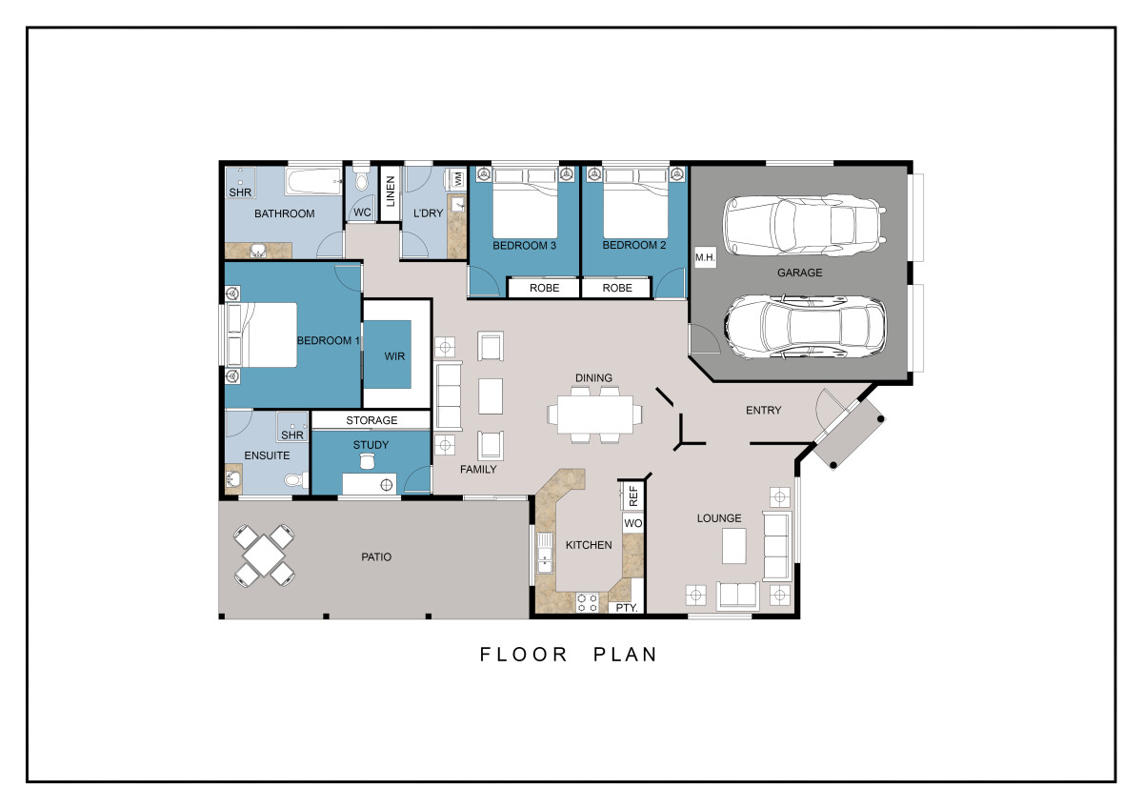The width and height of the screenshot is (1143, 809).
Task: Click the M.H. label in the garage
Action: pos(705,258)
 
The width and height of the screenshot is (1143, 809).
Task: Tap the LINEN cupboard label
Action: pos(391,192)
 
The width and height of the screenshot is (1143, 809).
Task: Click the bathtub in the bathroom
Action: pos(313,181)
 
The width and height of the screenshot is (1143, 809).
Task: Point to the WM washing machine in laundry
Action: pos(458,179)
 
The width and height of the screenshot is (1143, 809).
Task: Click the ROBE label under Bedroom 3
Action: pos(544,288)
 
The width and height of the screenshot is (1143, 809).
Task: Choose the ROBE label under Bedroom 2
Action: pos(617,288)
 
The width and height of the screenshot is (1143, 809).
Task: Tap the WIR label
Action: pos(394,356)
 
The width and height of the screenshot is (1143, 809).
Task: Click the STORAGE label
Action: pos(371,420)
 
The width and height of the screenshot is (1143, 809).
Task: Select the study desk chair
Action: pos(367,461)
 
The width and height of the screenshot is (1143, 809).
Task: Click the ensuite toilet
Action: pos(296,480)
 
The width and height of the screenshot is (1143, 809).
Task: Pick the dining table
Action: pos(594,415)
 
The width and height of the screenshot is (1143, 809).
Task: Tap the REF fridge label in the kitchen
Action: pos(633,496)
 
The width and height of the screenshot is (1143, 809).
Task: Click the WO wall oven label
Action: pos(632,523)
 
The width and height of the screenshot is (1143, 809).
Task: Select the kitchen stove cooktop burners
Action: pos(587,602)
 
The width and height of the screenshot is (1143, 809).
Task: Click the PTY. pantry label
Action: pos(627,608)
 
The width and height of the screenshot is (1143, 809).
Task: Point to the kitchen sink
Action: pos(545,553)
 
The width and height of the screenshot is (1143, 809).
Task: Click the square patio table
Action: pos(264,556)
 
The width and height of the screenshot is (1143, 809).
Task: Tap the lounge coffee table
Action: pos(733,546)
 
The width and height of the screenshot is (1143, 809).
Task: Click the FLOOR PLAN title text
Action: pos(569,655)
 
